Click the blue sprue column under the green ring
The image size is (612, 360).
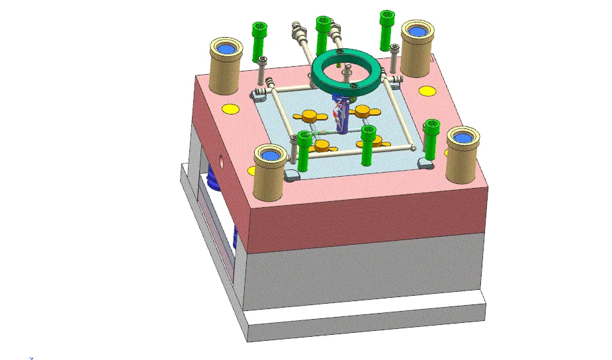(x=341, y=115)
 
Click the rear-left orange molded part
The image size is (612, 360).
(x=309, y=116)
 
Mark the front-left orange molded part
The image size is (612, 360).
(x=320, y=144)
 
